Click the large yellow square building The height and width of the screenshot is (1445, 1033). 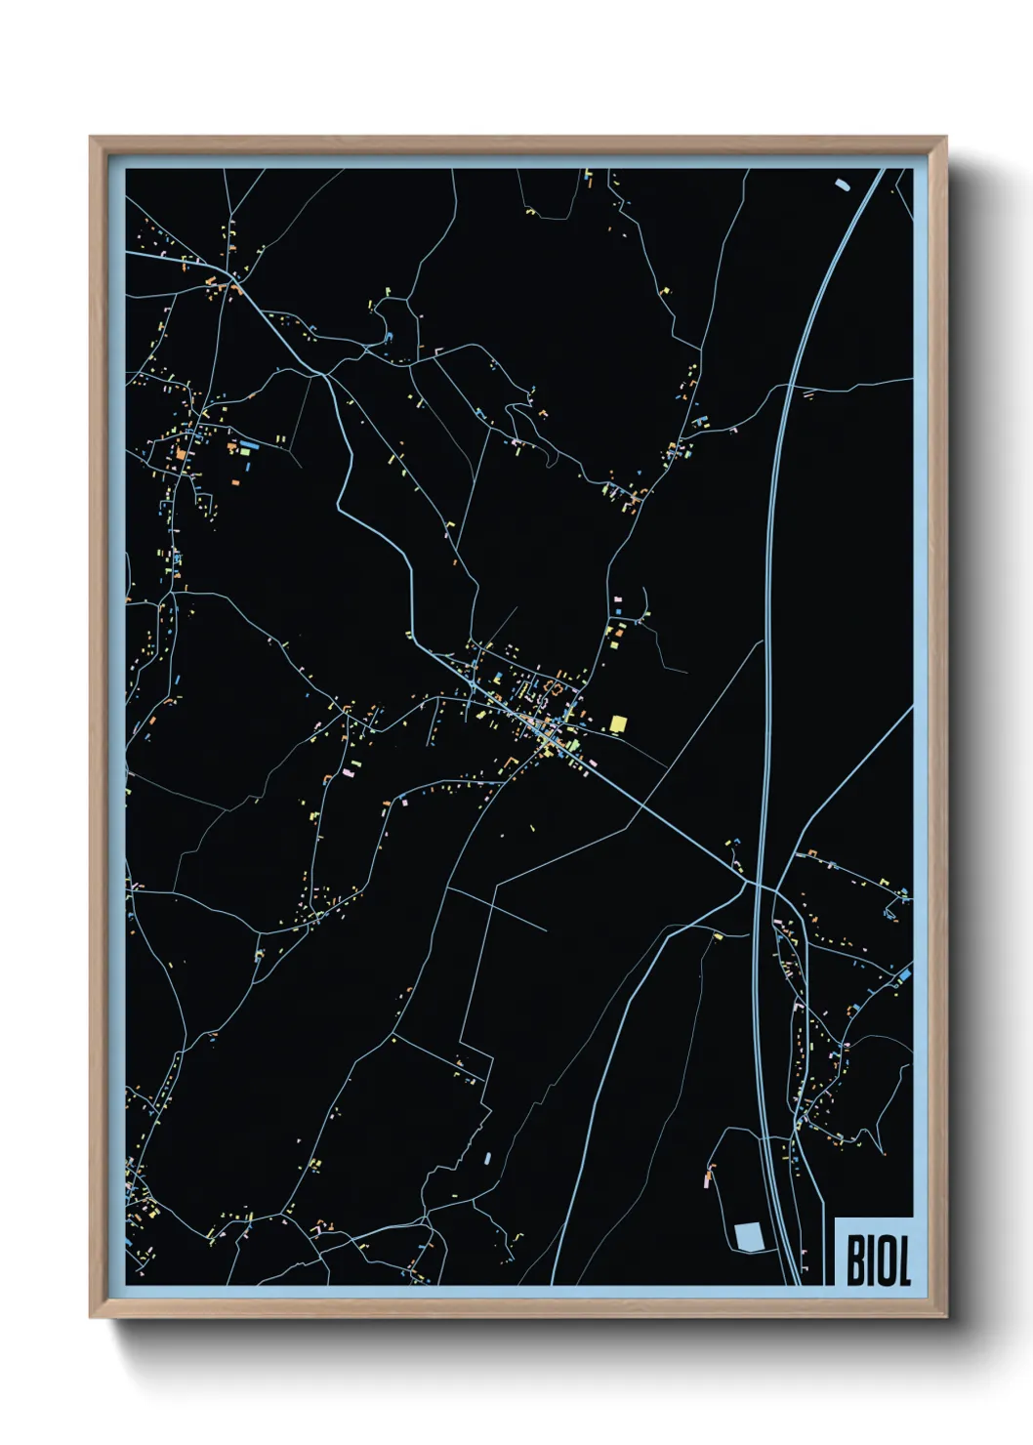[617, 723]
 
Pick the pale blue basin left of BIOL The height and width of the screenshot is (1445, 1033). [749, 1237]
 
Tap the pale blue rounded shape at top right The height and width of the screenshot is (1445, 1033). [843, 183]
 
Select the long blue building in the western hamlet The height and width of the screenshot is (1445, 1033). [249, 444]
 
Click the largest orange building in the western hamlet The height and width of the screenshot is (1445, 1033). [181, 453]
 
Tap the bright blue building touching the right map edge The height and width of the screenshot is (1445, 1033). [905, 974]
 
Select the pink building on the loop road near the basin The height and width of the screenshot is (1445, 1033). [707, 1181]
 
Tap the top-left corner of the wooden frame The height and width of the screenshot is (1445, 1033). [91, 138]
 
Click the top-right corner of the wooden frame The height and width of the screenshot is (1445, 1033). [946, 138]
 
